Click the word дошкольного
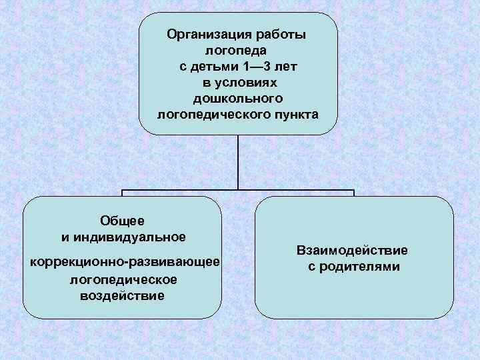[238, 99]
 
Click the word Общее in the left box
[122, 220]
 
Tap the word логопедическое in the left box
[123, 279]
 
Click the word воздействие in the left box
[122, 295]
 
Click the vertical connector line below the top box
[237, 163]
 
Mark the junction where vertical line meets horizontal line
[237, 191]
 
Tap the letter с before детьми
[183, 67]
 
